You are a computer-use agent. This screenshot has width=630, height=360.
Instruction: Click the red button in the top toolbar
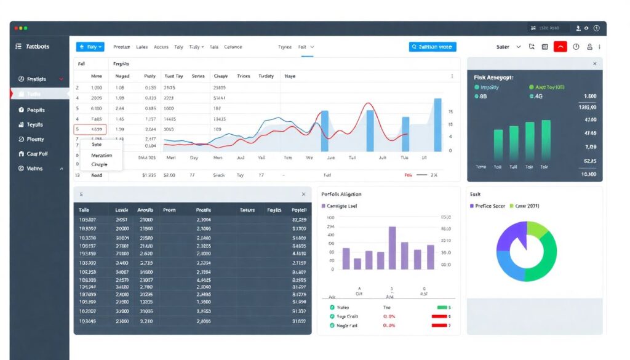click(560, 47)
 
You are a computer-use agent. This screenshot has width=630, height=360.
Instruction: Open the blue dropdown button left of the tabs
click(90, 47)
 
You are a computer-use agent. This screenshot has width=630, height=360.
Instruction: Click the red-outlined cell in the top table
click(90, 130)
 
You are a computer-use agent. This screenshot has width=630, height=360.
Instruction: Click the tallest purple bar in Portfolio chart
click(392, 248)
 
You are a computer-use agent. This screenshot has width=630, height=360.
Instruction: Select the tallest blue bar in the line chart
click(437, 124)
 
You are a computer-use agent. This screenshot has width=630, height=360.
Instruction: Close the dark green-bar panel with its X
click(594, 63)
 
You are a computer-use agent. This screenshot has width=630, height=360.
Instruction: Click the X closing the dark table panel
click(303, 194)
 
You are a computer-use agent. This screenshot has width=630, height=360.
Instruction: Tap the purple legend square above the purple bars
click(324, 206)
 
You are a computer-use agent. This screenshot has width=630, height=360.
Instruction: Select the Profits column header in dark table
click(203, 210)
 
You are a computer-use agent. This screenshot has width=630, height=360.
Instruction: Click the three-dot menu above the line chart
click(452, 76)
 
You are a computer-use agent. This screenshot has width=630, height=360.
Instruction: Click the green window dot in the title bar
click(25, 28)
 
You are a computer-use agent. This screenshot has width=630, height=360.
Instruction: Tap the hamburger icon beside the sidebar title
click(19, 47)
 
